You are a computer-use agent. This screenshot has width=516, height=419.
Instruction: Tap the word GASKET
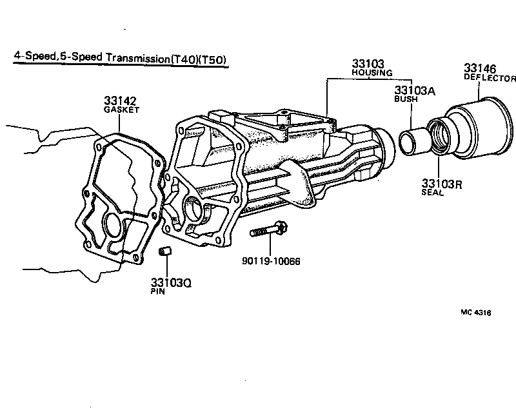click(x=121, y=110)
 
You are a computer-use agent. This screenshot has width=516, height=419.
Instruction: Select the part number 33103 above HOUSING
click(x=368, y=64)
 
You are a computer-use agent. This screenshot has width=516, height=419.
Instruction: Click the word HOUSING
click(x=368, y=73)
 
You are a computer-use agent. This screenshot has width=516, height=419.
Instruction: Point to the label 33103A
click(x=415, y=91)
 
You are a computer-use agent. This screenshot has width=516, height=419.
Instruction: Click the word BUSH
click(x=407, y=101)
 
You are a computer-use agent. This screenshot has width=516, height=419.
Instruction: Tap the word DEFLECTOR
click(x=490, y=77)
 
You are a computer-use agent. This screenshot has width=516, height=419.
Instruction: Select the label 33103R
click(x=442, y=183)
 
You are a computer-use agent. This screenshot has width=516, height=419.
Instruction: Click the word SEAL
click(x=432, y=193)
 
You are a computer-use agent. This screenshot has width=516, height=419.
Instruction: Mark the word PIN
click(x=158, y=292)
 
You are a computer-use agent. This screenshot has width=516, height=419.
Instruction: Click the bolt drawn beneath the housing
click(x=268, y=229)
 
